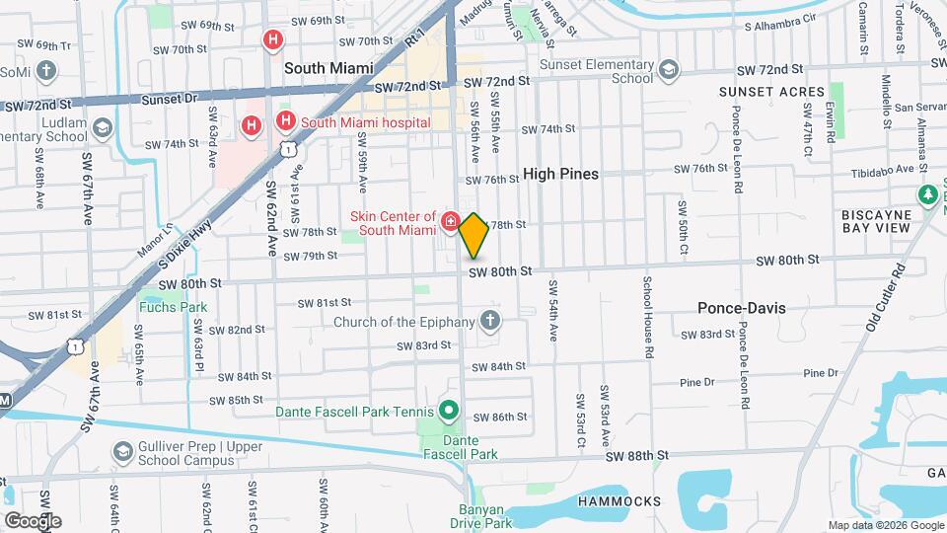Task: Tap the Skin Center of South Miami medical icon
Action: coord(451,222)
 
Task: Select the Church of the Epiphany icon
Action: coord(489,321)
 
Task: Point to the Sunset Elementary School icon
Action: coord(670,68)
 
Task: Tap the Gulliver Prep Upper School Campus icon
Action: coord(123,453)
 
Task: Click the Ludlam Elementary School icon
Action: coord(103,128)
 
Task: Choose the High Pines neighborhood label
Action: coord(560,173)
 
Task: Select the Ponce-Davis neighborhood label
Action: coord(742,307)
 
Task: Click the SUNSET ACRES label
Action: coord(771,92)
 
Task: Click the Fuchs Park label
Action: coord(174,307)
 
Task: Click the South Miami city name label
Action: coord(328,68)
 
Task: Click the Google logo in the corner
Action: coord(33,520)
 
